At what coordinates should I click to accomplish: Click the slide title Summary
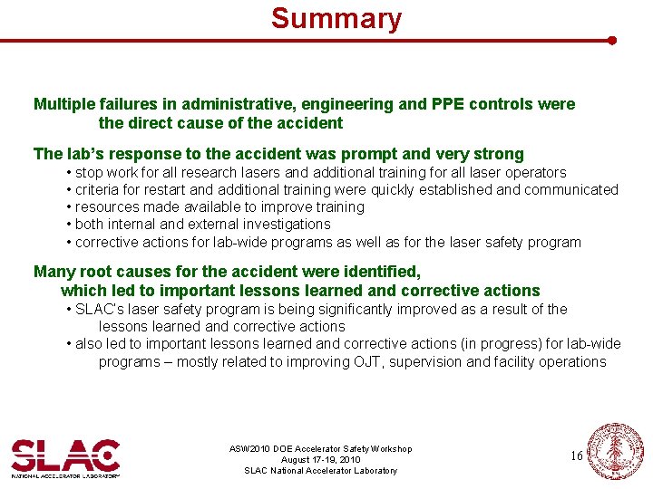tap(336, 18)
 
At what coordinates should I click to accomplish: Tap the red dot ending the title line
tap(612, 41)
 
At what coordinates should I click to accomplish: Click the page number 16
tap(577, 455)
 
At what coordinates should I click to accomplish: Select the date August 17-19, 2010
tap(320, 460)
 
